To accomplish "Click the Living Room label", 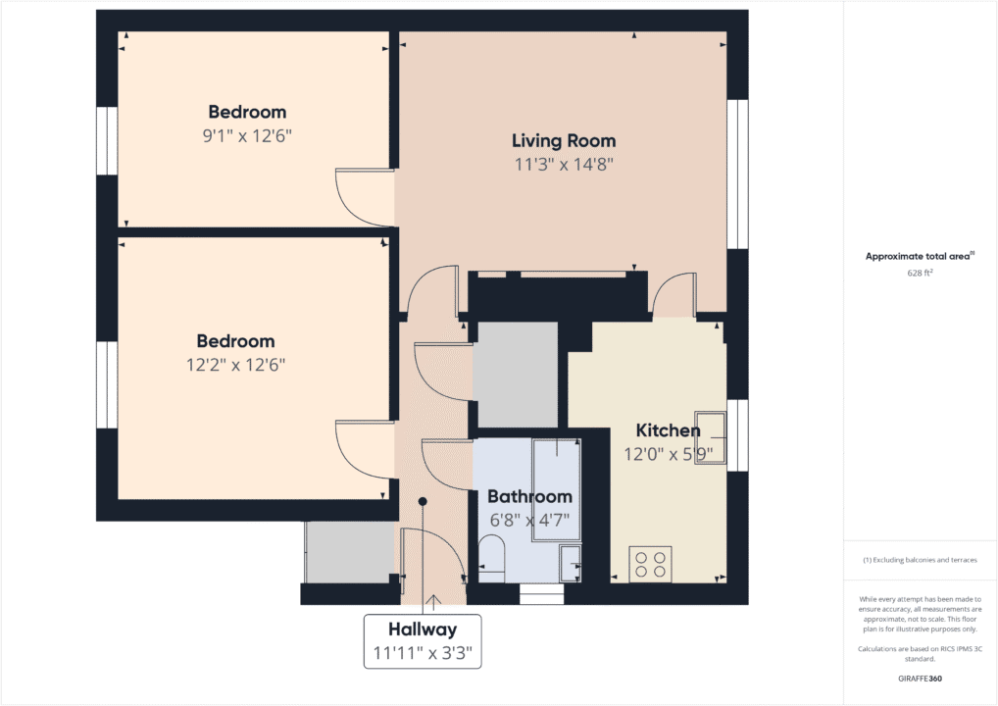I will pyautogui.click(x=564, y=141).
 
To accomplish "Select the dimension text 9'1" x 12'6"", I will pyautogui.click(x=247, y=135).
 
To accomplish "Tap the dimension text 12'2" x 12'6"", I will pyautogui.click(x=235, y=365).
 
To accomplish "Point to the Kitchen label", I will pyautogui.click(x=668, y=430).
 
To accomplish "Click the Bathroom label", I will pyautogui.click(x=529, y=496).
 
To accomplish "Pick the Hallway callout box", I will pyautogui.click(x=423, y=640).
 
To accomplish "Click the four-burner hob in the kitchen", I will pyautogui.click(x=650, y=564).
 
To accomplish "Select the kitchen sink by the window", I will pyautogui.click(x=711, y=437).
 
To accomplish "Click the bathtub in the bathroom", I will pyautogui.click(x=556, y=489).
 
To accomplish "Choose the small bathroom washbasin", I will pyautogui.click(x=570, y=563).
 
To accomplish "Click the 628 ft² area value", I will pyautogui.click(x=919, y=274).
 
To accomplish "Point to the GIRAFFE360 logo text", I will pyautogui.click(x=919, y=678).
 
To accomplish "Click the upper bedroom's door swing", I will pyautogui.click(x=363, y=194).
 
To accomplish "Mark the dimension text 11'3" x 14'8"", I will pyautogui.click(x=564, y=165).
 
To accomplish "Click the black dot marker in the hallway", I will pyautogui.click(x=423, y=501).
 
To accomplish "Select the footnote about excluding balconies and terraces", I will pyautogui.click(x=919, y=560).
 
